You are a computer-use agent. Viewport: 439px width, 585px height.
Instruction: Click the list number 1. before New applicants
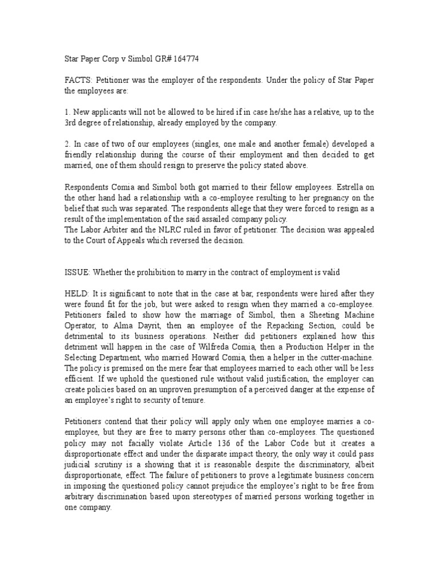(x=66, y=113)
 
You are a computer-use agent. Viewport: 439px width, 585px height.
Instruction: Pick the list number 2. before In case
(x=66, y=145)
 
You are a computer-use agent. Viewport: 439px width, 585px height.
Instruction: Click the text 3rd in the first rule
(x=70, y=123)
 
